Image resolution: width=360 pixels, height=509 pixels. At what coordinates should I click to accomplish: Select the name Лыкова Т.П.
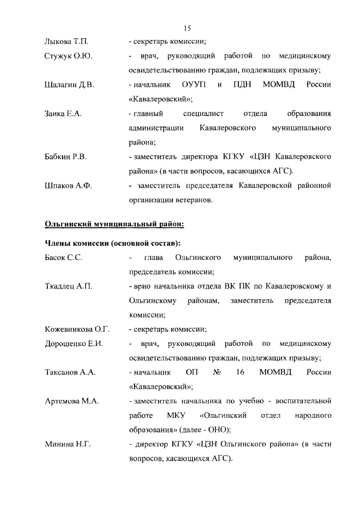click(66, 42)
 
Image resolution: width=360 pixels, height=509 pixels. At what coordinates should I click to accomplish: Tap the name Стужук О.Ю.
click(68, 56)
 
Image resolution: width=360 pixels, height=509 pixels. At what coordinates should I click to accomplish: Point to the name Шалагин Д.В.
click(69, 85)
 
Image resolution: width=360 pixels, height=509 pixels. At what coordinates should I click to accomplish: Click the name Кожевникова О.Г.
click(76, 329)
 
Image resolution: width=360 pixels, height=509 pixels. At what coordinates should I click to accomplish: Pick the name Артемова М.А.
click(71, 401)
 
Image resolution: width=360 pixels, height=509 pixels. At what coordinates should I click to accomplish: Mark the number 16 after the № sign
click(240, 372)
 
